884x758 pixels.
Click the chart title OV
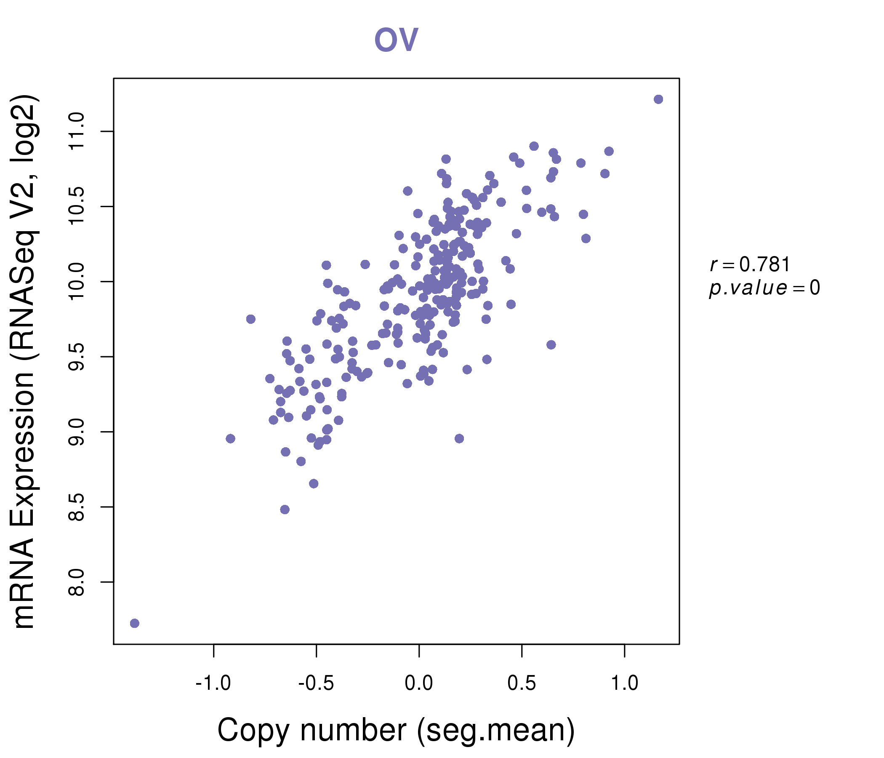pyautogui.click(x=396, y=40)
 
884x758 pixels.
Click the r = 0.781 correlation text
pyautogui.click(x=750, y=265)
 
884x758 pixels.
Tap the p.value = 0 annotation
pyautogui.click(x=764, y=288)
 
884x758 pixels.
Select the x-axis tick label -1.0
pyautogui.click(x=213, y=683)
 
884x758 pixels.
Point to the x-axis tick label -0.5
pyautogui.click(x=316, y=683)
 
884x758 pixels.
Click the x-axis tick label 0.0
pyautogui.click(x=419, y=683)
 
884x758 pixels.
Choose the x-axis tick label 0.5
pyautogui.click(x=522, y=683)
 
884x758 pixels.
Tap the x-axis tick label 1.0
pyautogui.click(x=625, y=683)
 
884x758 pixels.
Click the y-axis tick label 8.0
pyautogui.click(x=77, y=582)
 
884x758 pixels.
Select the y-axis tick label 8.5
pyautogui.click(x=77, y=507)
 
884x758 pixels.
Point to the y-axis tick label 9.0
pyautogui.click(x=77, y=432)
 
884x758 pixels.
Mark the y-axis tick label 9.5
pyautogui.click(x=77, y=357)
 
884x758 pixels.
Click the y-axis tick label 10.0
pyautogui.click(x=77, y=282)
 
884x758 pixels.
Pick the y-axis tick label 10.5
pyautogui.click(x=77, y=207)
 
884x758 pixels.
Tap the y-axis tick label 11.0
pyautogui.click(x=77, y=131)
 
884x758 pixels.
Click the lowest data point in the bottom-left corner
pyautogui.click(x=134, y=623)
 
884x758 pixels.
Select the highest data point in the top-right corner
pyautogui.click(x=658, y=99)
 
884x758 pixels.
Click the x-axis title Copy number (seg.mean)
pyautogui.click(x=396, y=730)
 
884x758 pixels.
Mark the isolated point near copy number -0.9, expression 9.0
pyautogui.click(x=230, y=439)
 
